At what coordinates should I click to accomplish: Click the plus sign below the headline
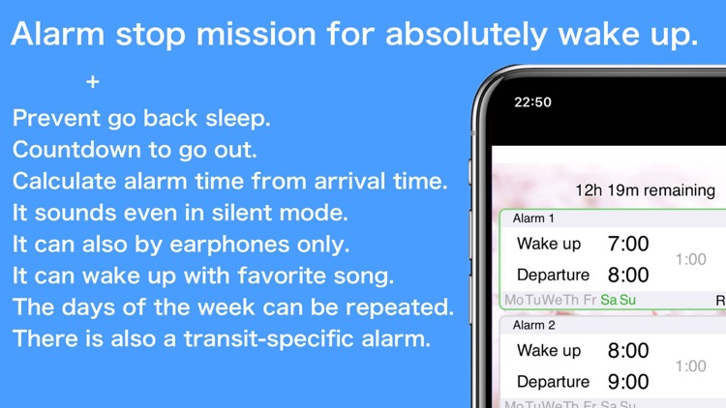(x=92, y=83)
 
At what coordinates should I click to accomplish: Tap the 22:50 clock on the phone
(x=532, y=102)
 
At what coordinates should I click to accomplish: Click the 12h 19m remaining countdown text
(x=645, y=190)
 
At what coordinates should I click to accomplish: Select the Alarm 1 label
(x=533, y=219)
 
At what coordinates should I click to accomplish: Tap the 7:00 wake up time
(x=627, y=244)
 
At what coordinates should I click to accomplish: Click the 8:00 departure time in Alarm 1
(x=627, y=275)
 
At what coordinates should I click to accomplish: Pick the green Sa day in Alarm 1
(x=608, y=300)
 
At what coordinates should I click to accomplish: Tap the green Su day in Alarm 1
(x=627, y=300)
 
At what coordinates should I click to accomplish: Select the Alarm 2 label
(x=533, y=325)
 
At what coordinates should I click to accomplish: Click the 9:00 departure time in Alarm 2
(x=627, y=381)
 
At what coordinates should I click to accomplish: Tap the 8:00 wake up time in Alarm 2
(x=627, y=350)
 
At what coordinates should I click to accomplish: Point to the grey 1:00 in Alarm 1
(x=690, y=259)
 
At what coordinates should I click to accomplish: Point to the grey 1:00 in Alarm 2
(x=690, y=365)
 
